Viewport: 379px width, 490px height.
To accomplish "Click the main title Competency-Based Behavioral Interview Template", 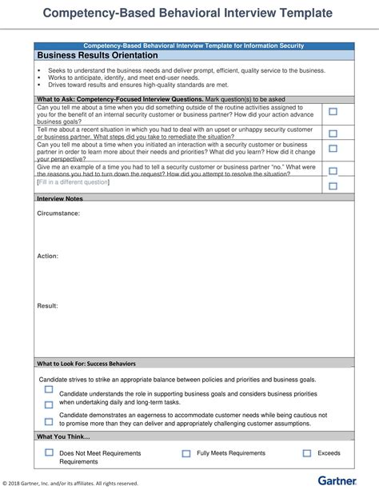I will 189,13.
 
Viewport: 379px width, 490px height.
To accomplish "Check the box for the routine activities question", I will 333,113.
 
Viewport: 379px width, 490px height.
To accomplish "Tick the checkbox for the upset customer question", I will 333,133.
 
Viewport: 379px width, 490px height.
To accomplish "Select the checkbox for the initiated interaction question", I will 333,149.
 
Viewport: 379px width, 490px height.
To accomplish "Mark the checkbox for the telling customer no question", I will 333,169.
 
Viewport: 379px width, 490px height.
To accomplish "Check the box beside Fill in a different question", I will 333,185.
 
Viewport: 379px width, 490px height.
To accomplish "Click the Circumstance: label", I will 59,213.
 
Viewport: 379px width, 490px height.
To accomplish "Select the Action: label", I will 48,257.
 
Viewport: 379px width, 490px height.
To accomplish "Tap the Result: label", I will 48,305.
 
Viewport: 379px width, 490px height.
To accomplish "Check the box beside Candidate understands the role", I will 49,391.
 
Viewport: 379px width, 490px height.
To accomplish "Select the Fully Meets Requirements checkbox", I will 186,453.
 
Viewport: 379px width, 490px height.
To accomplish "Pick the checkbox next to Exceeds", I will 307,453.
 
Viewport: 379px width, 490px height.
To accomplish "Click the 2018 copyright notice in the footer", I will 70,483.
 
